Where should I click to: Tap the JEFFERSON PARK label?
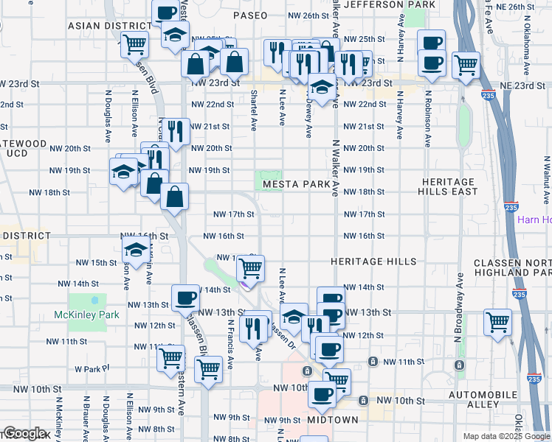coord(390,4)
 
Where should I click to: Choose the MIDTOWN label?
coord(333,420)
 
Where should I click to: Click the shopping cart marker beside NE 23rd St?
coord(466,65)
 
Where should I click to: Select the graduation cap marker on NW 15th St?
coord(136,251)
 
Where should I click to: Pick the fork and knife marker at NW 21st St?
coord(175,132)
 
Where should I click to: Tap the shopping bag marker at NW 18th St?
coord(174,197)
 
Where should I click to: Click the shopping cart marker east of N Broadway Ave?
coord(498,322)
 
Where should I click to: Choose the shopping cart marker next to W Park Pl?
coord(171,359)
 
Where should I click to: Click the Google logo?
coord(25,433)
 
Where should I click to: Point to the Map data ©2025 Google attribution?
coord(506,436)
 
